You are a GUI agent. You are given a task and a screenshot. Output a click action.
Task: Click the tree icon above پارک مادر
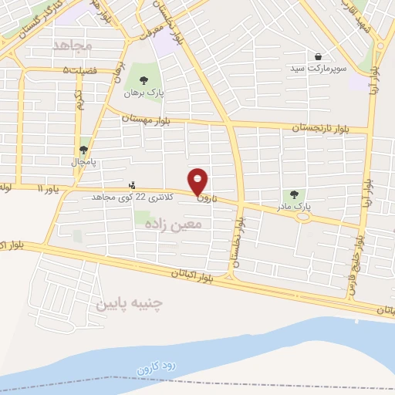coord(293,194)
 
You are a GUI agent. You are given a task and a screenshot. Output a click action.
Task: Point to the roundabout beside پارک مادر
coord(302,216)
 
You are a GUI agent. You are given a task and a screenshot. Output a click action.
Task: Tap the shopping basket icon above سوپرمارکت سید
coord(319,56)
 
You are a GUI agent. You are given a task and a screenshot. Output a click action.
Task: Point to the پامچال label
coord(83,163)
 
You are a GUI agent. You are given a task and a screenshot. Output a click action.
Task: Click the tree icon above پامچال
coord(83,150)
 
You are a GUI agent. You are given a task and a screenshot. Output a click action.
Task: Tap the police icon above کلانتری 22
coord(133,184)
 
